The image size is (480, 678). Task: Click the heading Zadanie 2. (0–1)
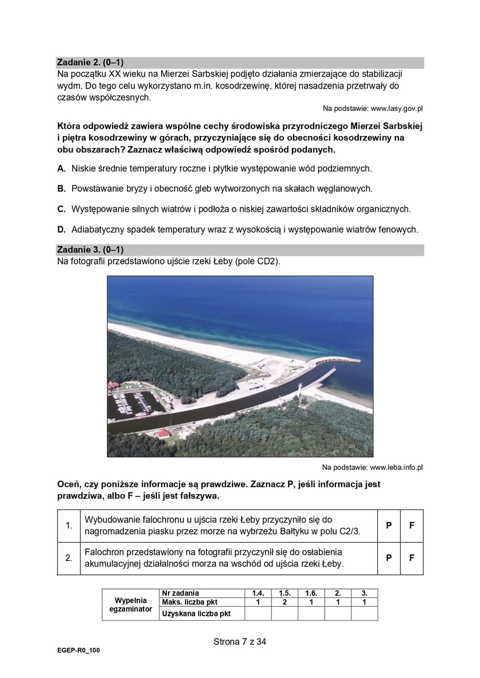(x=90, y=62)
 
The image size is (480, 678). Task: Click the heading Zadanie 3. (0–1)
(x=90, y=250)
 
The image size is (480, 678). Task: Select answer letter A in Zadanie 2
(x=61, y=169)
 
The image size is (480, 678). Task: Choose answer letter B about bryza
(x=61, y=188)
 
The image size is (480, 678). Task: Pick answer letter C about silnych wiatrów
(x=61, y=209)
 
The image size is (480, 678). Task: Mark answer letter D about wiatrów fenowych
(x=61, y=230)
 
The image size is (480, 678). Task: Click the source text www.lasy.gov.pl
(x=373, y=108)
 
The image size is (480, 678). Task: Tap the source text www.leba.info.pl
(x=372, y=467)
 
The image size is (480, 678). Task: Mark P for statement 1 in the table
(x=389, y=525)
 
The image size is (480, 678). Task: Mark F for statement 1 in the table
(x=411, y=525)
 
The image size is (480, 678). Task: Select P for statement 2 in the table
(x=389, y=558)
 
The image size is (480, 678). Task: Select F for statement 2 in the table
(x=411, y=558)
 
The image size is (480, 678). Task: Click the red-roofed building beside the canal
(x=162, y=434)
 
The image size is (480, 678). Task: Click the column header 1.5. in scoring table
(x=284, y=593)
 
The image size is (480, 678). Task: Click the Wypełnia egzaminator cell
(x=130, y=605)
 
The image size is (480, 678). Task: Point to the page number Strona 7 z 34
(x=240, y=641)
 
